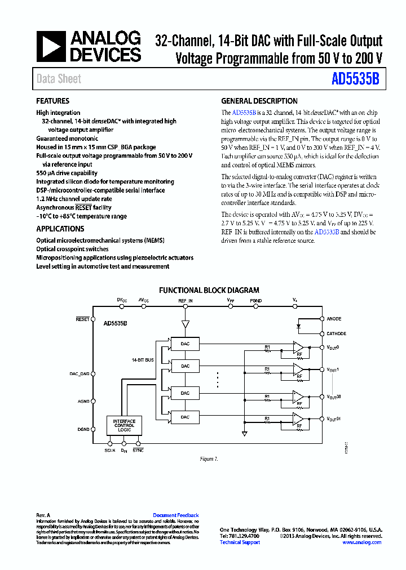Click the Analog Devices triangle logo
point(51,46)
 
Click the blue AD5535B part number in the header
point(355,79)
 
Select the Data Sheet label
point(59,79)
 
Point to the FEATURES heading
point(53,101)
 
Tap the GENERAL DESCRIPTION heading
point(259,101)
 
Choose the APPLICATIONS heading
point(60,229)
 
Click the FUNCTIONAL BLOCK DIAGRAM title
point(209,291)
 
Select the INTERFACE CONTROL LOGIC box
point(124,425)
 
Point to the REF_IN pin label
point(186,301)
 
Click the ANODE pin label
point(334,319)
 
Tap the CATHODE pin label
point(336,333)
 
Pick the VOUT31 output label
point(333,419)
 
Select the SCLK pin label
point(110,450)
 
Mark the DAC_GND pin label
point(80,373)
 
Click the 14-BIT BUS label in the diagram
point(142,359)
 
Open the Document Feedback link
point(176,515)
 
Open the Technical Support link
point(240,542)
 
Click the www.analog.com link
point(361,542)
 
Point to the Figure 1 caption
point(209,459)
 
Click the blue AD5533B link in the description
point(326,232)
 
